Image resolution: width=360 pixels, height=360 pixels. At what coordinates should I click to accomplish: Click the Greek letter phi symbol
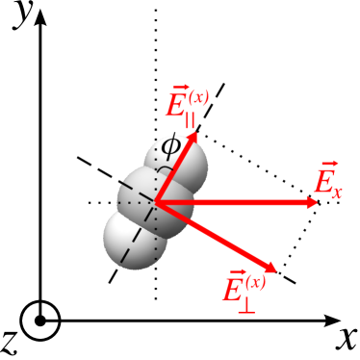pos(170,147)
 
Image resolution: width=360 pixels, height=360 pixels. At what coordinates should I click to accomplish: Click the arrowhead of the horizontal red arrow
pos(312,202)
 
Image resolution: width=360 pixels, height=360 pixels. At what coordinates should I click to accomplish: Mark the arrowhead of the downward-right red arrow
pos(270,268)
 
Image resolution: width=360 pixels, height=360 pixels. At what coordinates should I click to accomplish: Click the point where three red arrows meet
pos(156,203)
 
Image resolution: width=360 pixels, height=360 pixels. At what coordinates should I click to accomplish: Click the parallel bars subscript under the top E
pos(189,120)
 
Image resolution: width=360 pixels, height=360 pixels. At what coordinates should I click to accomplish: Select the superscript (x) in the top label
pos(199,96)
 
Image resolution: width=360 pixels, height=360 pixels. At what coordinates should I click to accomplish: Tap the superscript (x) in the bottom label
pos(255,281)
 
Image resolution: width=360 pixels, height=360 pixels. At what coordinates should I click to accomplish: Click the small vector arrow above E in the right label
pos(328,165)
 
